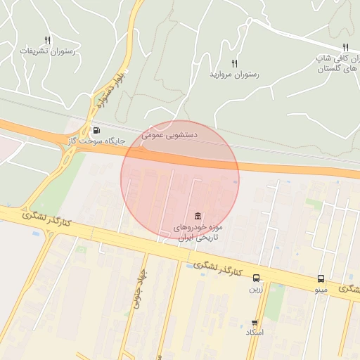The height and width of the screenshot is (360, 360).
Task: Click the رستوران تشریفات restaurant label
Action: (44, 51)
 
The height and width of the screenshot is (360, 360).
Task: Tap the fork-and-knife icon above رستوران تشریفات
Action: (47, 40)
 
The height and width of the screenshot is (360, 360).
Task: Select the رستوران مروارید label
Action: (234, 74)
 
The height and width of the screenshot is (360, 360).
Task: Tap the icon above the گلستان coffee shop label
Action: (345, 47)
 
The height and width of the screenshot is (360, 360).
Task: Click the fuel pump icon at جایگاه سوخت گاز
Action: (96, 130)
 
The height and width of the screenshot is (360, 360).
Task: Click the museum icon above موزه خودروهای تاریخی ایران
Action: (198, 216)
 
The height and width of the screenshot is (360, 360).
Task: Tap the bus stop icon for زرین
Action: (255, 278)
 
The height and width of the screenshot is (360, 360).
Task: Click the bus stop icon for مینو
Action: (321, 278)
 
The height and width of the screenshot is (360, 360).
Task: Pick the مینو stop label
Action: (321, 289)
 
